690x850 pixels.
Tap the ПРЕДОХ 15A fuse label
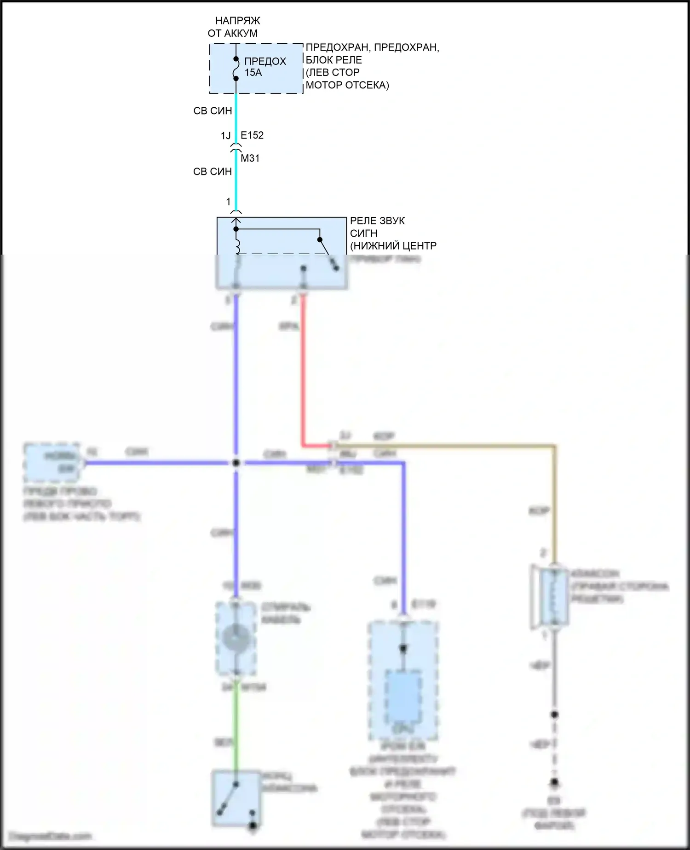pyautogui.click(x=264, y=67)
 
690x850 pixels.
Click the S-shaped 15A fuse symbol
pyautogui.click(x=236, y=69)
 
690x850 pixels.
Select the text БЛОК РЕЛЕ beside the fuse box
pyautogui.click(x=333, y=60)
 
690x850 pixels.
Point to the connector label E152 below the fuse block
pyautogui.click(x=252, y=135)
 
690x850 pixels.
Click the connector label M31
pyautogui.click(x=250, y=158)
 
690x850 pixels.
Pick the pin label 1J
pyautogui.click(x=225, y=135)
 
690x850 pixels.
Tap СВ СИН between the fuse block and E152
pyautogui.click(x=213, y=111)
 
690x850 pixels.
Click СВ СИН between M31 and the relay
pyautogui.click(x=213, y=172)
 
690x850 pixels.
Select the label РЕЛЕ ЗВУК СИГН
pyautogui.click(x=377, y=227)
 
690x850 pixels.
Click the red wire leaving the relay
pyautogui.click(x=303, y=368)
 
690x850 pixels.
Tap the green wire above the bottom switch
pyautogui.click(x=236, y=728)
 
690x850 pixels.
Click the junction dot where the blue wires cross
pyautogui.click(x=236, y=463)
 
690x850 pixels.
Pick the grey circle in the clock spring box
pyautogui.click(x=236, y=638)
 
